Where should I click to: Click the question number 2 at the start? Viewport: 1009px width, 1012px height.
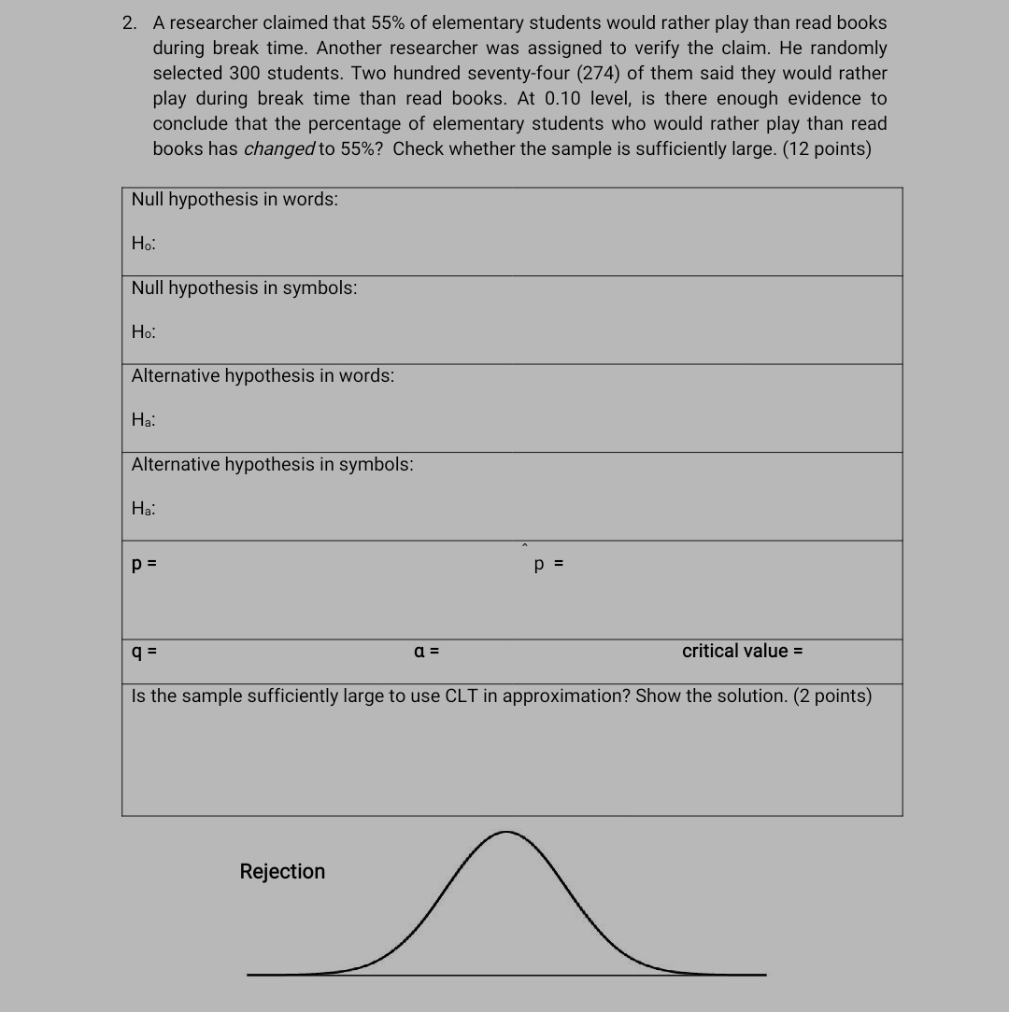(129, 23)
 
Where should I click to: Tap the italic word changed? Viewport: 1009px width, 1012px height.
(279, 149)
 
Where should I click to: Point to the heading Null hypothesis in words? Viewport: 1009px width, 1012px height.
(234, 200)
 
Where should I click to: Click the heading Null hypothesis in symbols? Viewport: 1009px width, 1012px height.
(244, 288)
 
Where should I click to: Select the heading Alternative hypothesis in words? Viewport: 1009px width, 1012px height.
(263, 376)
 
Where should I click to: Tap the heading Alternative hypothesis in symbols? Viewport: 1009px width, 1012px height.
(272, 465)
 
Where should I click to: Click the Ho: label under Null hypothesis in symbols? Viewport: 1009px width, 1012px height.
(144, 332)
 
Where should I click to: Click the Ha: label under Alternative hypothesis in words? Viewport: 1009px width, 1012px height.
(144, 421)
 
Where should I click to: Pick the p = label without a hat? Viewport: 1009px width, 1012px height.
(144, 564)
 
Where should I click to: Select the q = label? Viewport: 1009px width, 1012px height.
(144, 652)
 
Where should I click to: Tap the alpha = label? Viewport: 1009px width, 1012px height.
(427, 652)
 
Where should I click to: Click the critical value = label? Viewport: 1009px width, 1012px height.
(742, 652)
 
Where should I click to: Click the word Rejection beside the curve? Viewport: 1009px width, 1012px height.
(282, 872)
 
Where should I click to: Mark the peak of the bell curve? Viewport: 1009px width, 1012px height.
(505, 833)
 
